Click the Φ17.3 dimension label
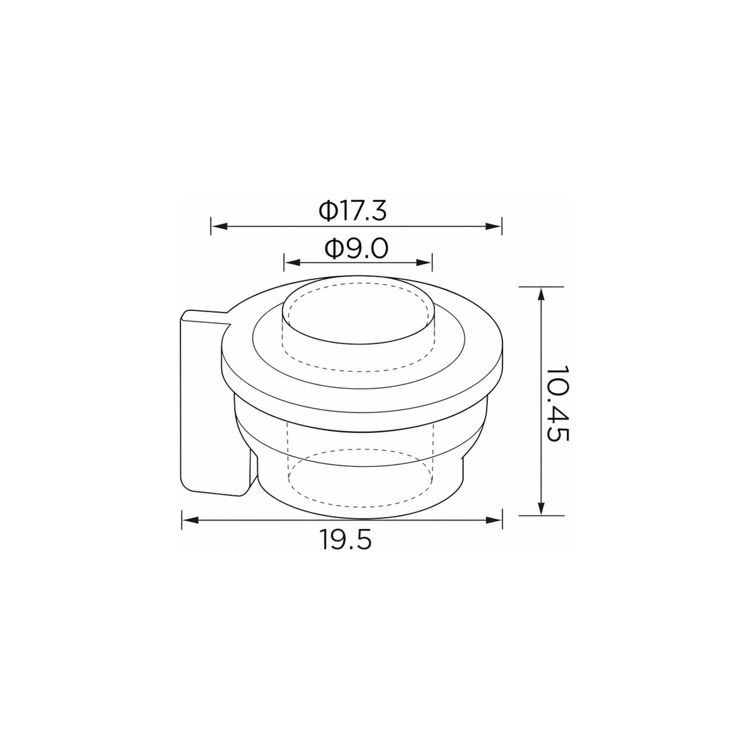coord(353,211)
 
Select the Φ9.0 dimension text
coord(356,249)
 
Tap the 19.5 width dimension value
coord(345,540)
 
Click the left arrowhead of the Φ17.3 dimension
coord(219,226)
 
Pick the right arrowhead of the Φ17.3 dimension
coord(494,226)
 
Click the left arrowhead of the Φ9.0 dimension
coord(293,263)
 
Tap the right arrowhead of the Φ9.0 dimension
coord(424,263)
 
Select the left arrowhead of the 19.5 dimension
coord(190,520)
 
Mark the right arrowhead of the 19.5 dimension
coord(494,520)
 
